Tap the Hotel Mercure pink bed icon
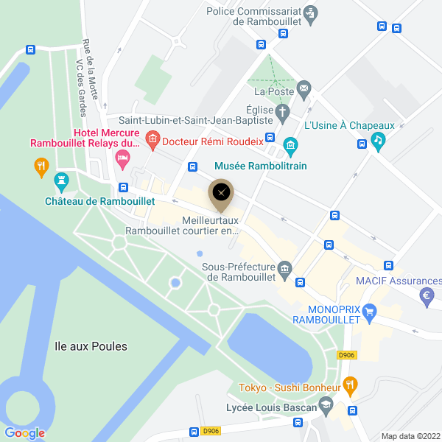123,157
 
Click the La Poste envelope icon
304,91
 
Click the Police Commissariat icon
311,12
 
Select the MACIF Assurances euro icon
425,297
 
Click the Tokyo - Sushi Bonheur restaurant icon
351,384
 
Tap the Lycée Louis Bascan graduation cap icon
325,405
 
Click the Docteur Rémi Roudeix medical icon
152,138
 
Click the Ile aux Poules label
91,345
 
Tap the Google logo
24,433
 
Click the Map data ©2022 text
410,436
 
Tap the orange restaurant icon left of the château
42,167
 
